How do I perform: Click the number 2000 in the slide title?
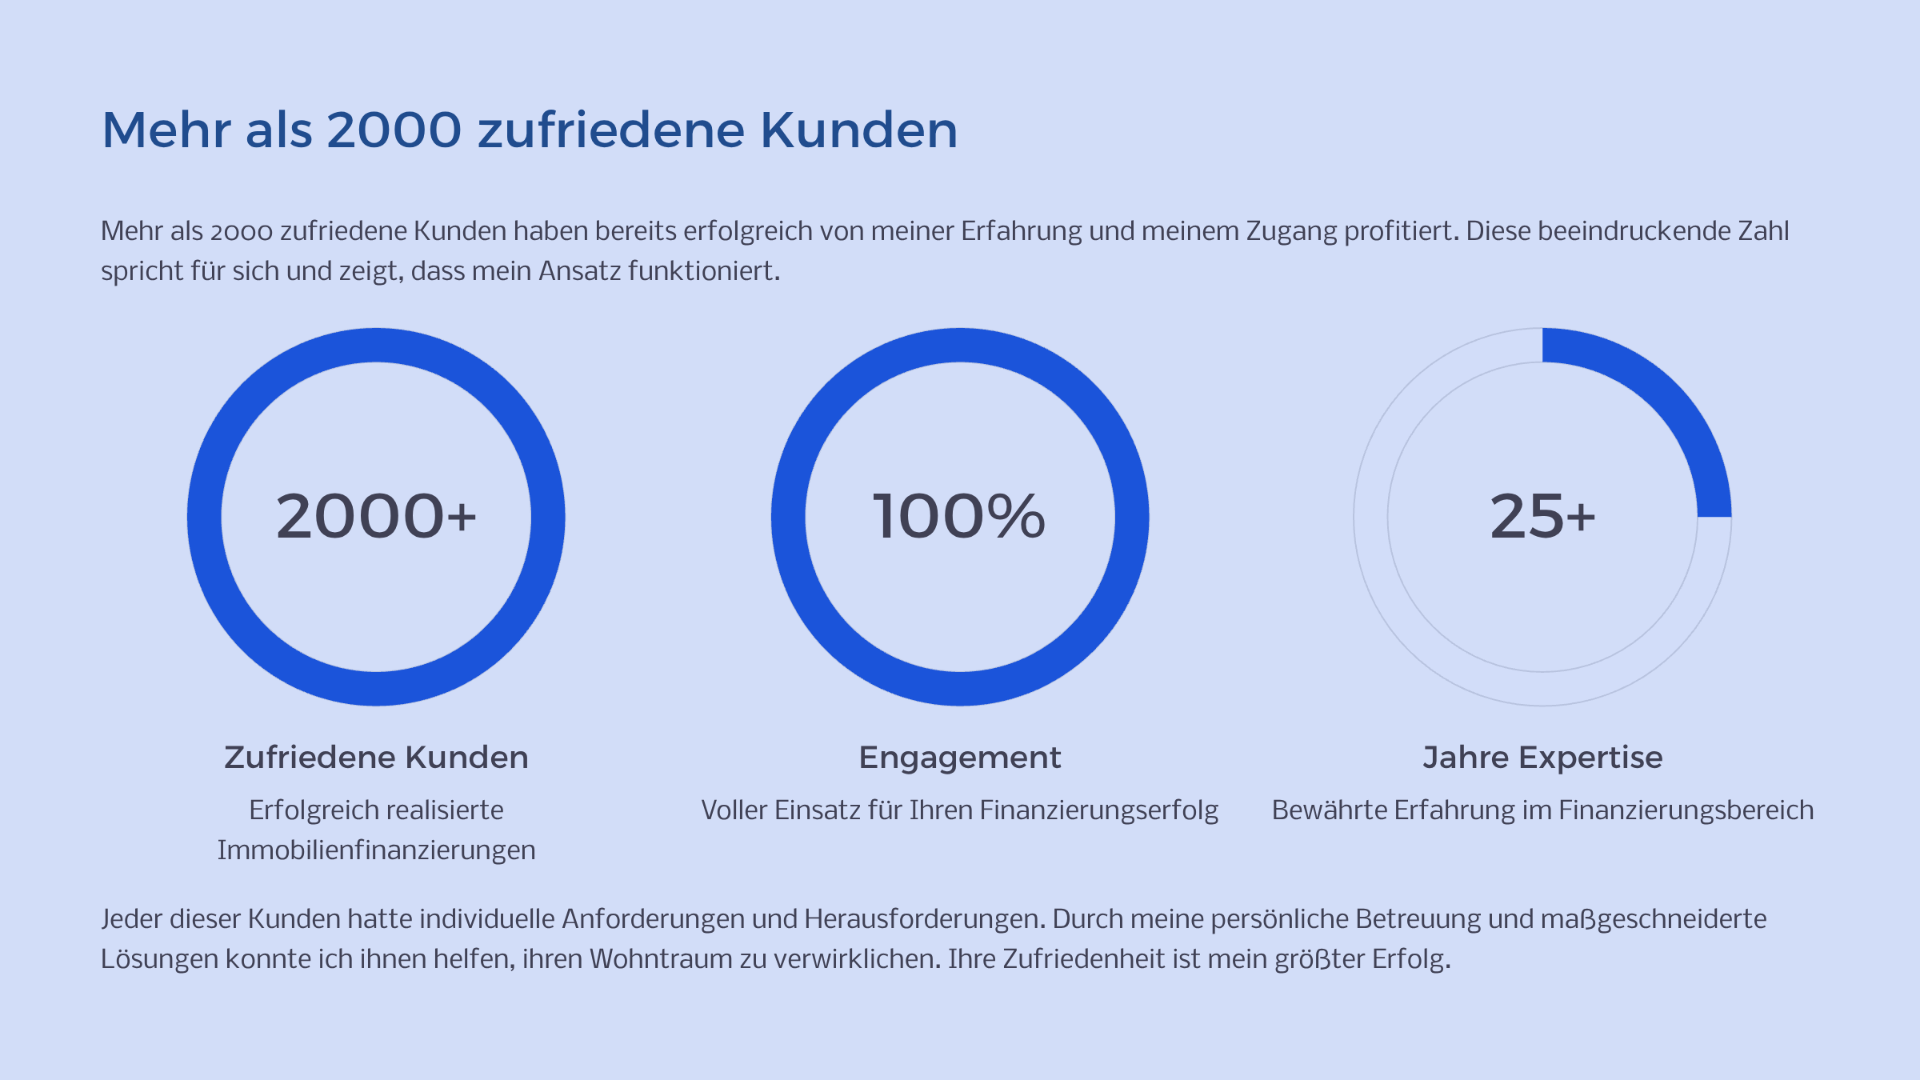pyautogui.click(x=394, y=130)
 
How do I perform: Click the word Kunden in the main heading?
pyautogui.click(x=858, y=130)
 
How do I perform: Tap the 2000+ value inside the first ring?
pyautogui.click(x=376, y=517)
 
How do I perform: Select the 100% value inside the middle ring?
pyautogui.click(x=959, y=517)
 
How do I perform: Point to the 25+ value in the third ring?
pyautogui.click(x=1542, y=517)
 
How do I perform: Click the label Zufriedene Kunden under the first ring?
pyautogui.click(x=376, y=757)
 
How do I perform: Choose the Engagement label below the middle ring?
pyautogui.click(x=960, y=757)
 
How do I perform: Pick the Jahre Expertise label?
pyautogui.click(x=1542, y=757)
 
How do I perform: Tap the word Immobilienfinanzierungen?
pyautogui.click(x=376, y=850)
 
